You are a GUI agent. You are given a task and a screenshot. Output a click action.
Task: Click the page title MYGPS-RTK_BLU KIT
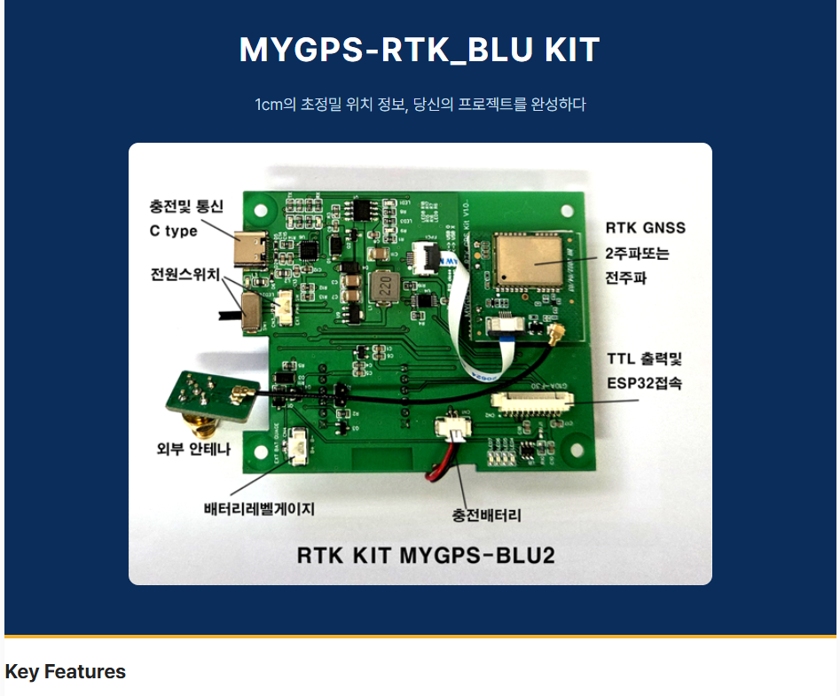click(x=420, y=50)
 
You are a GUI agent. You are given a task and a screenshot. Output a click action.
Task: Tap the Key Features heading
click(x=65, y=672)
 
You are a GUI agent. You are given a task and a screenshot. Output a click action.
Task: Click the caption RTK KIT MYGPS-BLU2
click(x=425, y=555)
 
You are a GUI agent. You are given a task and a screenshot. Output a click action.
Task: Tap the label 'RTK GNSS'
click(x=645, y=228)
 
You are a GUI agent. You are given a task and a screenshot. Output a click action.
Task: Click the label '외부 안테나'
click(x=193, y=450)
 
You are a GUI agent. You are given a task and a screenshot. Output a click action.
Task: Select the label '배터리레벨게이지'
click(x=259, y=509)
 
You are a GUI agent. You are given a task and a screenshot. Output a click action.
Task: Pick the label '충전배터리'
click(x=487, y=514)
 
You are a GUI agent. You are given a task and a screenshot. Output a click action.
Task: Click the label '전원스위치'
click(x=185, y=272)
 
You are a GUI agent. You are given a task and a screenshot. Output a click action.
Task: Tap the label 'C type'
click(x=173, y=231)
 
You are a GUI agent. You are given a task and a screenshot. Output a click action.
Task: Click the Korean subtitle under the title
click(x=420, y=105)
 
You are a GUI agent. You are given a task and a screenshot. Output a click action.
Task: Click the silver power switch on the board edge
click(x=250, y=309)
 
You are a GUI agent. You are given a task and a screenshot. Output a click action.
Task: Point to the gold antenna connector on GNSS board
click(x=559, y=335)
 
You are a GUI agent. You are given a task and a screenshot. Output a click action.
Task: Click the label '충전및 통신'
click(x=185, y=207)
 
